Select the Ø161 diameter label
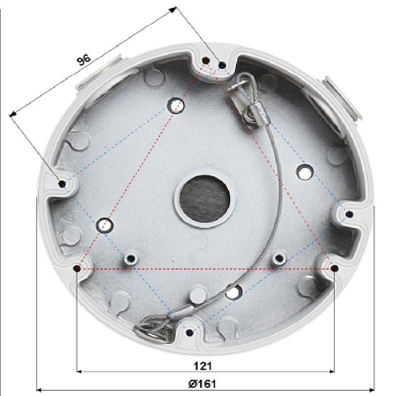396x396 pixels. click(x=202, y=383)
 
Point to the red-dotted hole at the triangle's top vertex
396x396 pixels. click(x=205, y=61)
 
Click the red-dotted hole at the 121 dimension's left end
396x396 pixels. click(x=77, y=268)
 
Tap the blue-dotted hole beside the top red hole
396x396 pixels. click(x=222, y=66)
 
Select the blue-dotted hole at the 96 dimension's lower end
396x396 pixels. click(x=62, y=183)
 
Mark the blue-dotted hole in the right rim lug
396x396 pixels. click(x=349, y=214)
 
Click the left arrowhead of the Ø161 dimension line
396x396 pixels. click(x=39, y=389)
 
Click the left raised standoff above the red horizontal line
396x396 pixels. click(x=130, y=258)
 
